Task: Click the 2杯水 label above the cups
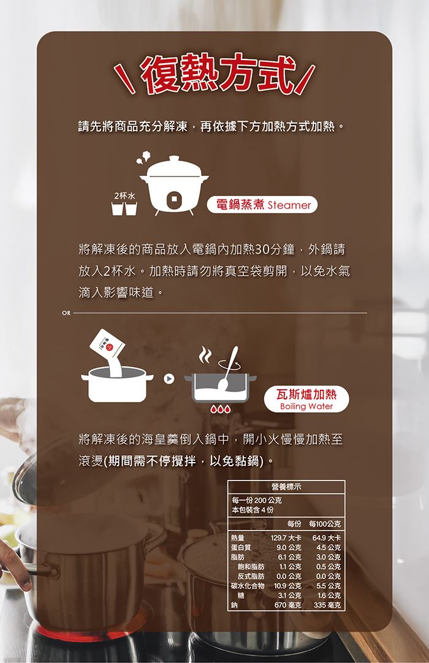[x=124, y=195]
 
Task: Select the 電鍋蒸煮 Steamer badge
[x=262, y=205]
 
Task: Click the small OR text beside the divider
[x=66, y=313]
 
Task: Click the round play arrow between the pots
[x=169, y=379]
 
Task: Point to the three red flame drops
[x=221, y=409]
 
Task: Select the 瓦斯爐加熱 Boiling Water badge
[x=306, y=399]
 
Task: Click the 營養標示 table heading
[x=286, y=487]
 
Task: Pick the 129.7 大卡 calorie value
[x=286, y=538]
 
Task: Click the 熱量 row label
[x=237, y=538]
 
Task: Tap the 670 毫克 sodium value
[x=287, y=605]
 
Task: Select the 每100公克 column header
[x=324, y=524]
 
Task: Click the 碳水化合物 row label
[x=248, y=586]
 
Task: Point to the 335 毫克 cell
[x=327, y=605]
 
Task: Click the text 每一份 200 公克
[x=257, y=500]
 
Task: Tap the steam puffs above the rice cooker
[x=143, y=157]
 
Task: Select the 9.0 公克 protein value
[x=289, y=548]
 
